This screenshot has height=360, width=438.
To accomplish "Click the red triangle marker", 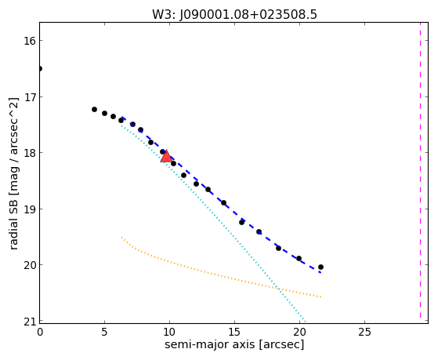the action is [166, 156].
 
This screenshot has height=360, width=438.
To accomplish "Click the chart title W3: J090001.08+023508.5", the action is [234, 15].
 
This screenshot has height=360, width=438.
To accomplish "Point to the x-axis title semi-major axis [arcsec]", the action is [234, 344].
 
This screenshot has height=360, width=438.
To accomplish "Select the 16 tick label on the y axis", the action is [29, 41].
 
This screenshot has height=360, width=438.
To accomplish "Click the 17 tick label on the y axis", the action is [29, 97].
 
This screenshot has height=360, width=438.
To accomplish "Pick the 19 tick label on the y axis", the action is [29, 209].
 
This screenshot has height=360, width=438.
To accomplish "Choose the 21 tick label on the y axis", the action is [29, 322].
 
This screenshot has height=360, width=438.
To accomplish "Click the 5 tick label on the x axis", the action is [104, 332].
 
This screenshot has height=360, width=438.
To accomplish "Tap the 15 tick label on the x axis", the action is [234, 332].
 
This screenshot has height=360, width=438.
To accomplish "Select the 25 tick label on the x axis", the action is [364, 332].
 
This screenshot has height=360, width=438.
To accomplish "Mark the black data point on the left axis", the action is [40, 68].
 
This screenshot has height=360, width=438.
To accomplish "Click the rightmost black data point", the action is [320, 267].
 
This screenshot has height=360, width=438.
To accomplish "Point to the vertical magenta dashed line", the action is [420, 170].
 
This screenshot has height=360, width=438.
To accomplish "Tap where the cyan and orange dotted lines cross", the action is [277, 287].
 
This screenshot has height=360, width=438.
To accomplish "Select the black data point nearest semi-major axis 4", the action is [94, 109].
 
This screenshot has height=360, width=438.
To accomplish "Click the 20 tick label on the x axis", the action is [299, 332].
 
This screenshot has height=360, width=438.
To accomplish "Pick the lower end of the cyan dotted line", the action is [306, 322].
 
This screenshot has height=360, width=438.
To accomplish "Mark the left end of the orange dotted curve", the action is [121, 238].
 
